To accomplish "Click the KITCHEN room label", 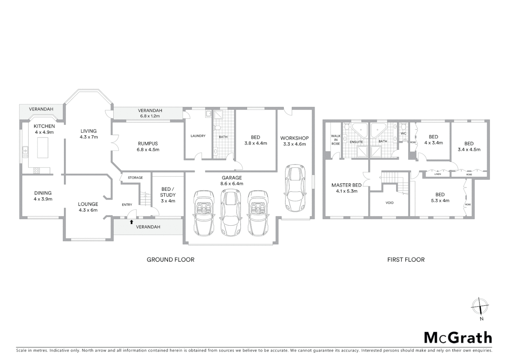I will coord(44,126).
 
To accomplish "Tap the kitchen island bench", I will coord(43,147).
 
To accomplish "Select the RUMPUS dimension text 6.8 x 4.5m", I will coord(148,150).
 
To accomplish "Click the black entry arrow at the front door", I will coord(132,222).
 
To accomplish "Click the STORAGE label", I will coord(135,178).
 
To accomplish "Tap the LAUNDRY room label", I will coord(198,136).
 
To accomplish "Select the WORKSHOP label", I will coord(294,138).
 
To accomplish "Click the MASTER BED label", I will coord(346,185).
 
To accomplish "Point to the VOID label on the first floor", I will coord(389,203).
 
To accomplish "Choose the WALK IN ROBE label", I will coord(335,140).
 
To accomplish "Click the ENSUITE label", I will coord(356,142).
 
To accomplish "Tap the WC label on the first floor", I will coord(403,133).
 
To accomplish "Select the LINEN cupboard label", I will coord(438,174).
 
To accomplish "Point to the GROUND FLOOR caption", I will coord(170,260).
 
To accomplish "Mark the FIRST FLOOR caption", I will coord(406,260).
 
